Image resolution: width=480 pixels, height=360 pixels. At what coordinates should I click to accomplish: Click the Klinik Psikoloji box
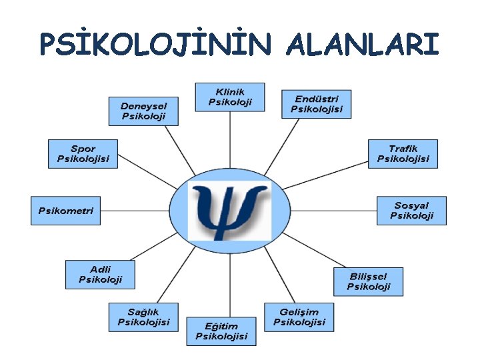point(229,97)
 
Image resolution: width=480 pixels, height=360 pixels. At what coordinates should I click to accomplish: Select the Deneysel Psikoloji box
point(145,111)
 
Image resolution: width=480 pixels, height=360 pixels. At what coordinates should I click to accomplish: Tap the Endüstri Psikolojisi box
point(316,104)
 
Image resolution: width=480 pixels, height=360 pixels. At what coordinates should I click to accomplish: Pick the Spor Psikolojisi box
point(83,153)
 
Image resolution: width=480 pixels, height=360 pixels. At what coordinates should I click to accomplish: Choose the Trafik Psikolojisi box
point(403,153)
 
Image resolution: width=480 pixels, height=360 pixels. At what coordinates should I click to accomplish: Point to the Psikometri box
point(65,211)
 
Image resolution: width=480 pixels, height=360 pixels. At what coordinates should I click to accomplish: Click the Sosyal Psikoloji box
point(411,211)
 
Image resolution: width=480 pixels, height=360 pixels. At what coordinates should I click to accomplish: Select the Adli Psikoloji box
point(100,274)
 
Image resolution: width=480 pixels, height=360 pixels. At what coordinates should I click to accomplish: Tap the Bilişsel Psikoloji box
point(368,282)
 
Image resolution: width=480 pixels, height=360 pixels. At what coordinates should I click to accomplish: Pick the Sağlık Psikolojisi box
point(143,317)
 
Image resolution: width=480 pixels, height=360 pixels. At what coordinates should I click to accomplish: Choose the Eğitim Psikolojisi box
point(221,331)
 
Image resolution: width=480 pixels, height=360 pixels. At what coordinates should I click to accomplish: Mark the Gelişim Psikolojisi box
point(299,317)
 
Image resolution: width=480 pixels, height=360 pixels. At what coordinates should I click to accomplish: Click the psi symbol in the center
point(229,211)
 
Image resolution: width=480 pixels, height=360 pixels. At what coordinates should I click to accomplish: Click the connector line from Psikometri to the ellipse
point(134,211)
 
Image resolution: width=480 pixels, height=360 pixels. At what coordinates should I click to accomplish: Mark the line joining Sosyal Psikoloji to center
point(333,211)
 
